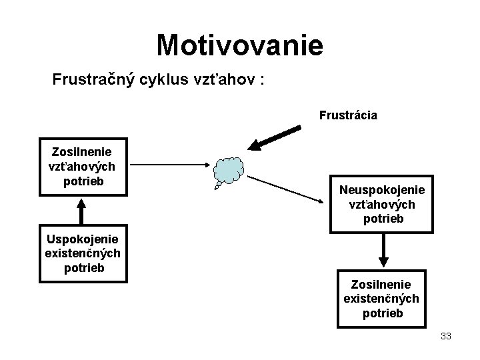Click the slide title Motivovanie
click(x=239, y=45)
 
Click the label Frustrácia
click(x=348, y=115)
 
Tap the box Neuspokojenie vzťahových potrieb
click(x=381, y=205)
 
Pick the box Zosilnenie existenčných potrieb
click(x=381, y=299)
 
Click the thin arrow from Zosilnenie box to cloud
click(x=170, y=163)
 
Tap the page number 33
click(x=446, y=337)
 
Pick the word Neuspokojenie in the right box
click(x=381, y=191)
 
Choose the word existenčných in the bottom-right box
click(x=381, y=299)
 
